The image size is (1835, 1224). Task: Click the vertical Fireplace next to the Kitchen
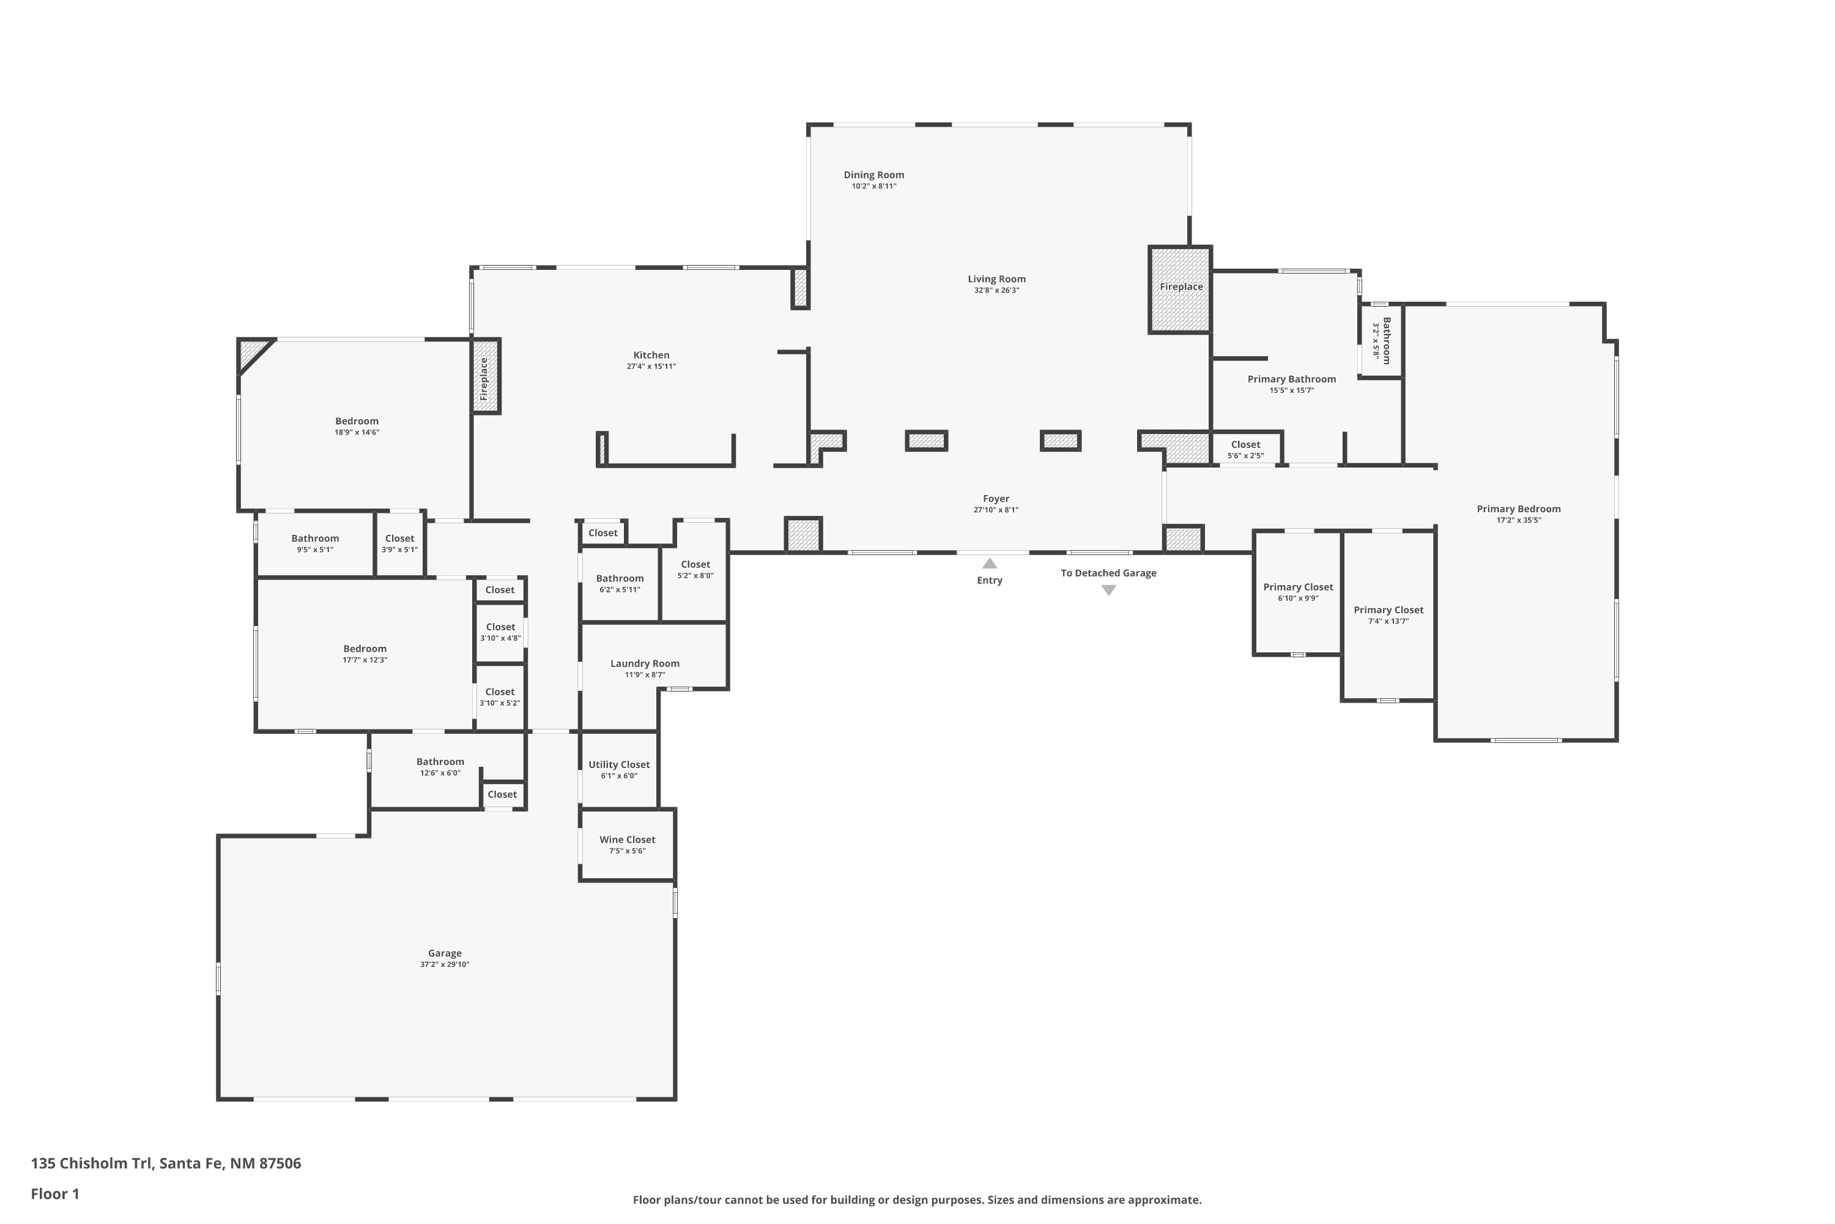[484, 377]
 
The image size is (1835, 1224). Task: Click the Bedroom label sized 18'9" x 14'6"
[357, 422]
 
